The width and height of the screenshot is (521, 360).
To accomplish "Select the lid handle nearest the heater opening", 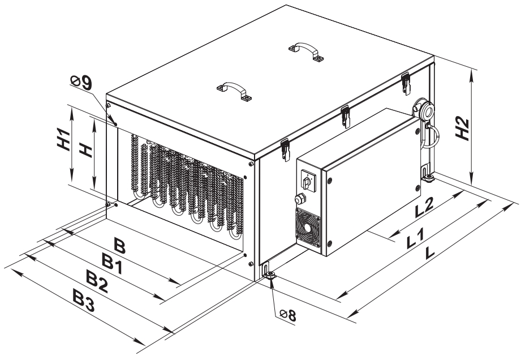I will pos(233,91).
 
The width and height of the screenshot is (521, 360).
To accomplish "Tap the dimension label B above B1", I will pos(119,245).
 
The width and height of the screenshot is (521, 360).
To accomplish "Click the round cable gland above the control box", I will pos(423,109).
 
